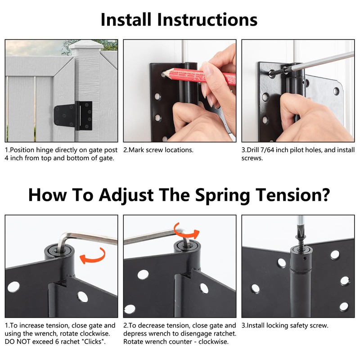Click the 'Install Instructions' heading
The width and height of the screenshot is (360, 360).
(x=179, y=19)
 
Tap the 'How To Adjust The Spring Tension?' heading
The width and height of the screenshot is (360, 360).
(x=179, y=195)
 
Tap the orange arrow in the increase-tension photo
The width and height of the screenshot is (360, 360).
(x=92, y=257)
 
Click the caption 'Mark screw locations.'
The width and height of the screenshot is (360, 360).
(x=158, y=150)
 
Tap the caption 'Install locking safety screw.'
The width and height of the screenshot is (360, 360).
(x=285, y=325)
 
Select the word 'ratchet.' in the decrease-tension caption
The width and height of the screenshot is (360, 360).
(x=223, y=333)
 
